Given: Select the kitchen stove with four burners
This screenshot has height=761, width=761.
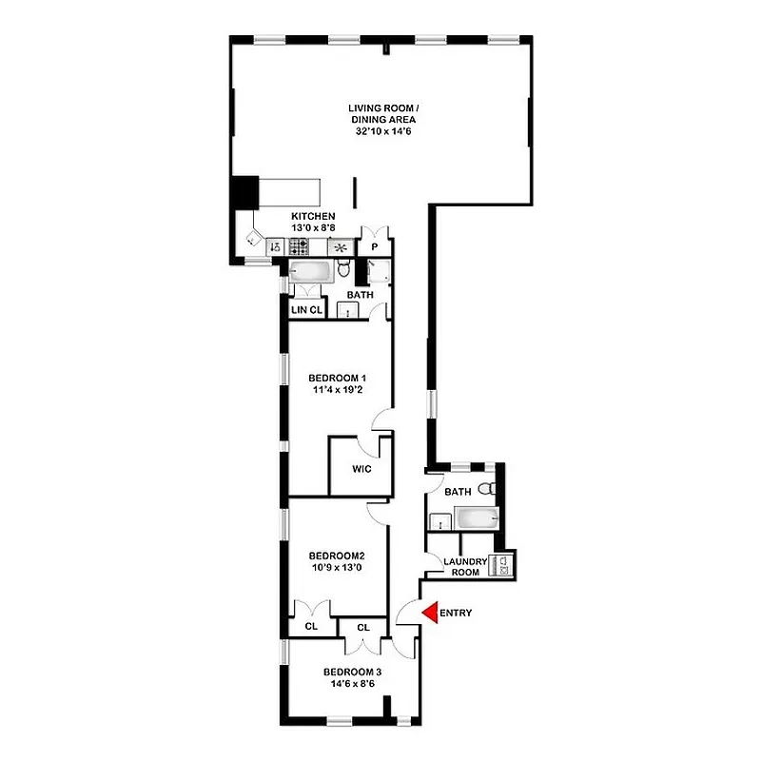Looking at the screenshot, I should click(300, 247).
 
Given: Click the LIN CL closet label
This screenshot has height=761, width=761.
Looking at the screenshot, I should click(307, 311).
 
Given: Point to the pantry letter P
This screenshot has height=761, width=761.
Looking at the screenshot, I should click(374, 247).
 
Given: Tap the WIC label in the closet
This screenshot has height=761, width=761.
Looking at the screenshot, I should click(361, 470).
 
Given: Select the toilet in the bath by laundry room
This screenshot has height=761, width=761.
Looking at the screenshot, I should click(486, 490).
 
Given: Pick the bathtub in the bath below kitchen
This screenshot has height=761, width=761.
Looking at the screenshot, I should click(310, 271).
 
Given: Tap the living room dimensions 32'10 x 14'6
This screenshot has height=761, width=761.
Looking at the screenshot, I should click(381, 132).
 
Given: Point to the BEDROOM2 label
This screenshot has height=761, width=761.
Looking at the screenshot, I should click(338, 556).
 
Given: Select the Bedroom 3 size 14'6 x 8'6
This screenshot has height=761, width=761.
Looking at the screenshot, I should click(352, 682).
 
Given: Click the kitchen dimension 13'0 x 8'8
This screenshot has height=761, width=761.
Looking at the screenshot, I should click(313, 228).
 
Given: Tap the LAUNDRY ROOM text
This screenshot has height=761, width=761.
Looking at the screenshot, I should click(464, 567).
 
